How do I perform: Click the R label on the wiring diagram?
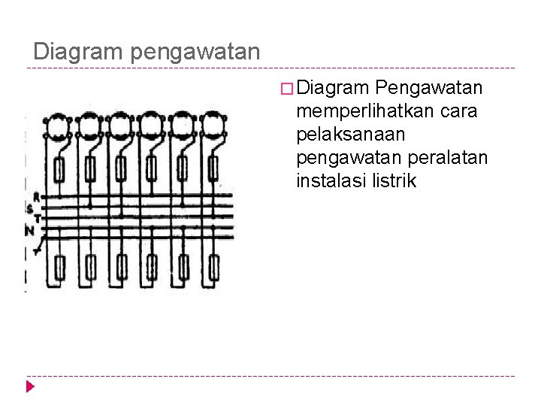(x=36, y=197)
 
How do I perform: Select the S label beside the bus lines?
(x=29, y=208)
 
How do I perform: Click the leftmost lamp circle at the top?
(x=57, y=126)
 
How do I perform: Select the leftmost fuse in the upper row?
(x=59, y=171)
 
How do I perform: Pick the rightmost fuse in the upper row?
(x=214, y=171)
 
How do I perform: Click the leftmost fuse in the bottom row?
(x=60, y=266)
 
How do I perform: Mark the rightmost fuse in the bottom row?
(x=214, y=266)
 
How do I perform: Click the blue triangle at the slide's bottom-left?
(x=30, y=387)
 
